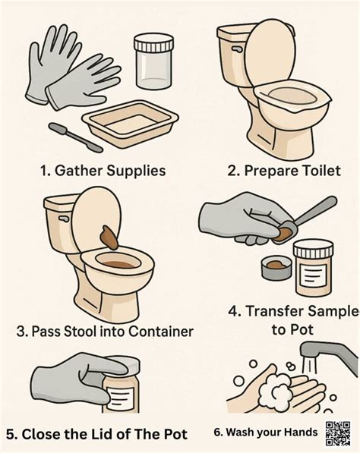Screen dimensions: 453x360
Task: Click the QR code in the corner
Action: point(338,433)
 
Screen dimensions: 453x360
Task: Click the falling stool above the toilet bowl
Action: point(109,238)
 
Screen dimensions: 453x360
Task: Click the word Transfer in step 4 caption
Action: point(270,311)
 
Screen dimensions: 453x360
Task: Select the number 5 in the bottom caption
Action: point(10,435)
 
